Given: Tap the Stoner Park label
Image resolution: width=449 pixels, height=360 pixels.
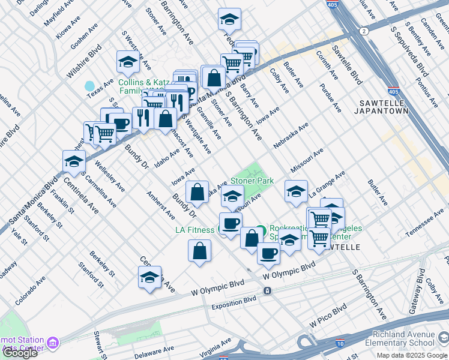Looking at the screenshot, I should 252,181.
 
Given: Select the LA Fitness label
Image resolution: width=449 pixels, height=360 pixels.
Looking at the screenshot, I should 194,230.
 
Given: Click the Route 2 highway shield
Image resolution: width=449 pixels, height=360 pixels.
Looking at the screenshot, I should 364,31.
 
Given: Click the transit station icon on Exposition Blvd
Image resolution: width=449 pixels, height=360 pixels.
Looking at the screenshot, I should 267,290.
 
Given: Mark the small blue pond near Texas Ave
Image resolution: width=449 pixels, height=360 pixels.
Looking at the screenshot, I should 90,86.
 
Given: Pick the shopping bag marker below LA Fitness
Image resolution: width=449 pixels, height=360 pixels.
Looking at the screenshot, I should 199,251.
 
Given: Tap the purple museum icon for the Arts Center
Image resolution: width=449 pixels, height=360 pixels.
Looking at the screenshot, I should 53,343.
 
